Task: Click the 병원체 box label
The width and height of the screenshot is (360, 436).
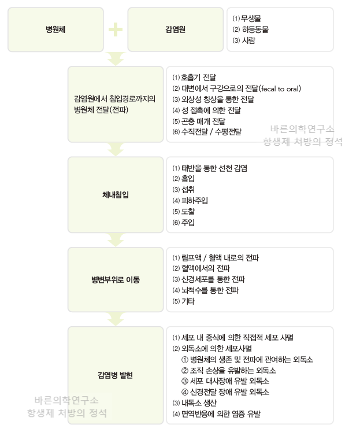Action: point(55,29)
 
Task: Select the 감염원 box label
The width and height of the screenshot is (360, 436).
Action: point(175,29)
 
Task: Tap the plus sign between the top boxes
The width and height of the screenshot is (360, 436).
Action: point(116,29)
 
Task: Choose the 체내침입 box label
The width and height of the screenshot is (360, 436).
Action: point(116,195)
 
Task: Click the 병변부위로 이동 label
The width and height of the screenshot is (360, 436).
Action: point(116,280)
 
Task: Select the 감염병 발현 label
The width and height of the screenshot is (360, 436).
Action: point(115,375)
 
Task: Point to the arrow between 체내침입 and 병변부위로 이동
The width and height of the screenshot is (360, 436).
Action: point(116,240)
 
